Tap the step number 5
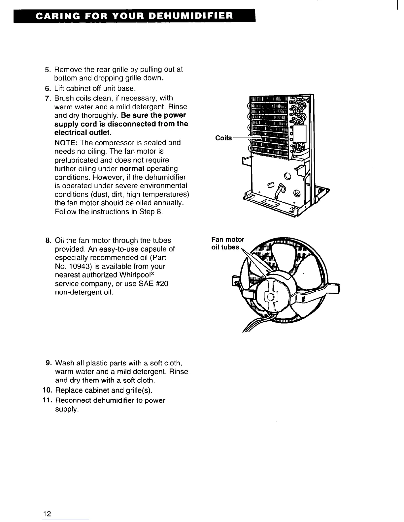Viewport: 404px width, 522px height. pyautogui.click(x=47, y=70)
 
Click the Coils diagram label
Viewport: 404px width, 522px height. pyautogui.click(x=223, y=138)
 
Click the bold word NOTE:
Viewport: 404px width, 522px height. pyautogui.click(x=66, y=143)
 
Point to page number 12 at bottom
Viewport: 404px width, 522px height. pyautogui.click(x=47, y=513)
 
